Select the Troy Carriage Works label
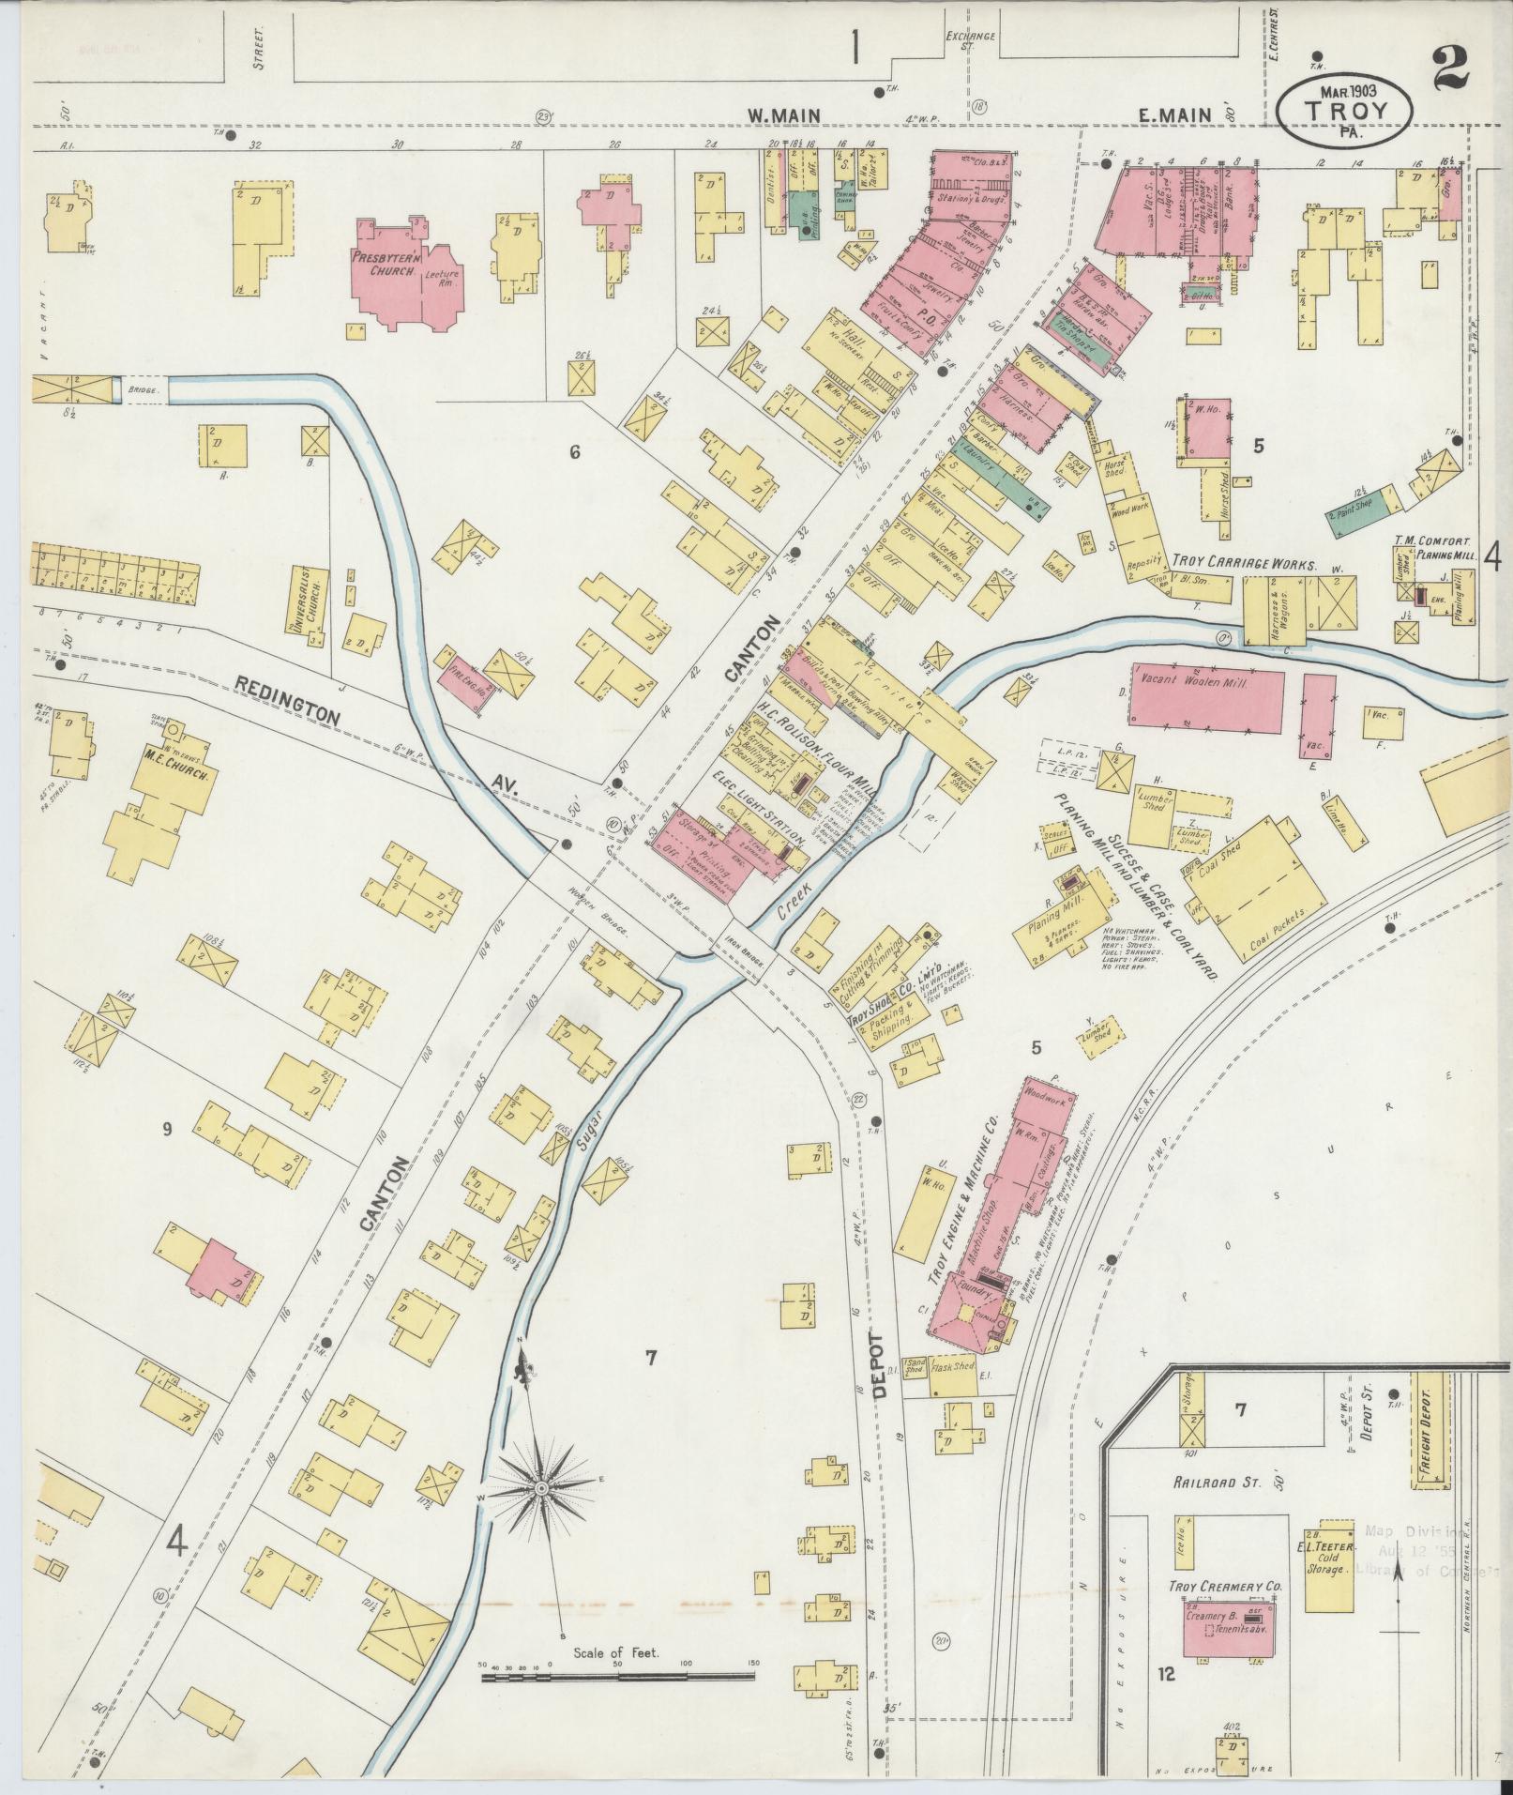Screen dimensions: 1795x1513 pos(1244,565)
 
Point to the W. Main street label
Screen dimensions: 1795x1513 pos(783,115)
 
